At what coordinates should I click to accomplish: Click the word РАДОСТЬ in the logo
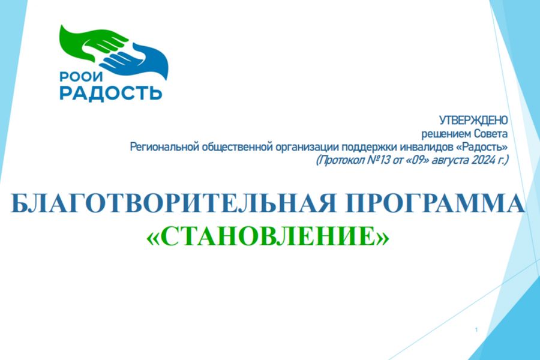coord(110,92)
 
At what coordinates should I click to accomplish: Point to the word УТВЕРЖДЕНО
coord(473,120)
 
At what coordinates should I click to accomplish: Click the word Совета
coord(491,133)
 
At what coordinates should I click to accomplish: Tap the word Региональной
coord(164,147)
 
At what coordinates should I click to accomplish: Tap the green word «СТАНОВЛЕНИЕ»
coord(268,236)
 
